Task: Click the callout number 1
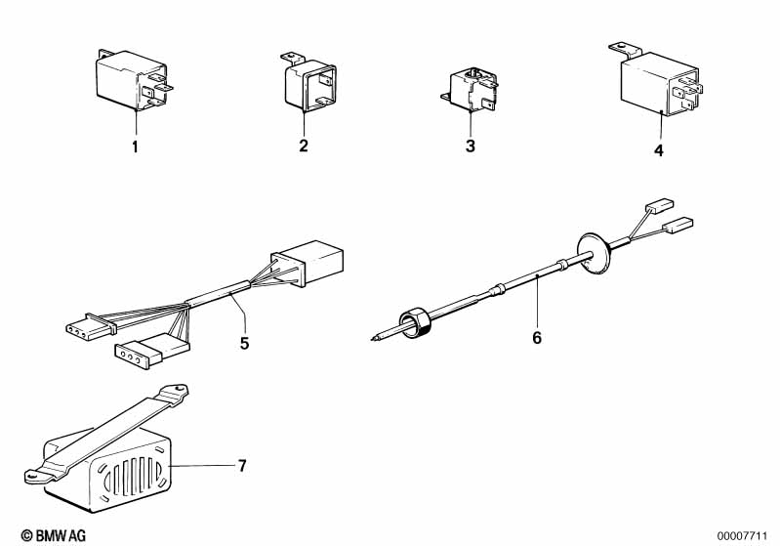[x=135, y=147]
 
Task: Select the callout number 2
[x=304, y=146]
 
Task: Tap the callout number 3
[x=471, y=146]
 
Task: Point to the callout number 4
[x=659, y=150]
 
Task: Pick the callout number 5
[x=244, y=344]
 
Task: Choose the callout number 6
[x=537, y=337]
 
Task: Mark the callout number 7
[x=242, y=466]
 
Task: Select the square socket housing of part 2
[x=309, y=86]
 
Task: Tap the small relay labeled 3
[x=470, y=90]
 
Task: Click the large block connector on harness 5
[x=307, y=263]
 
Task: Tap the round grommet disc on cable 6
[x=593, y=253]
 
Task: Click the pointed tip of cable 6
[x=372, y=340]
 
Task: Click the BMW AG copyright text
[x=54, y=535]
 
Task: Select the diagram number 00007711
[x=742, y=536]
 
